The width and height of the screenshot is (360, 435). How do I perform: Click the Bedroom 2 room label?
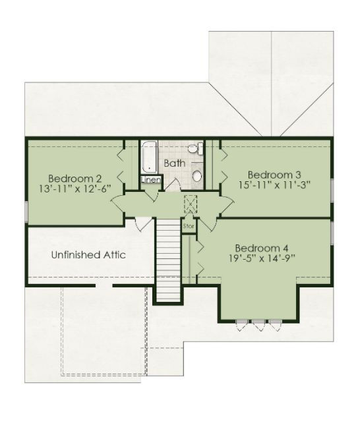point(75,178)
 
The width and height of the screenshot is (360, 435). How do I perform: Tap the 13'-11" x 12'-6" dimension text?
point(75,188)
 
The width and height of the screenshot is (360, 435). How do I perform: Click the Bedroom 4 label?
point(262,248)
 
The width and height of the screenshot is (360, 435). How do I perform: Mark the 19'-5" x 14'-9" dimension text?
point(262,258)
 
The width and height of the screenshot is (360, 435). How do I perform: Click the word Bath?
point(175,163)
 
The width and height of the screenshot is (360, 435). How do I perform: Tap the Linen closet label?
point(151,180)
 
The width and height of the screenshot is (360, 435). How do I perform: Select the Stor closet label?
point(189,226)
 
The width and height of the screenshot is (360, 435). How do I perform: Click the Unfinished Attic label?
point(88,254)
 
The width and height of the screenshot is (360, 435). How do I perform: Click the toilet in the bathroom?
point(196,149)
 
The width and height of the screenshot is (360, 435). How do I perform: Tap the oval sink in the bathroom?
point(197,176)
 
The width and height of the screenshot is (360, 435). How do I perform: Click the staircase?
point(169,260)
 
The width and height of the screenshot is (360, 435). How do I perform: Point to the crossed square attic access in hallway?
point(191,204)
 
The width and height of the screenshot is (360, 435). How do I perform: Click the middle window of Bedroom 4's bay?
point(258,325)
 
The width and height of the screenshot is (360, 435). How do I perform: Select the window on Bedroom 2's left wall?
point(26,212)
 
